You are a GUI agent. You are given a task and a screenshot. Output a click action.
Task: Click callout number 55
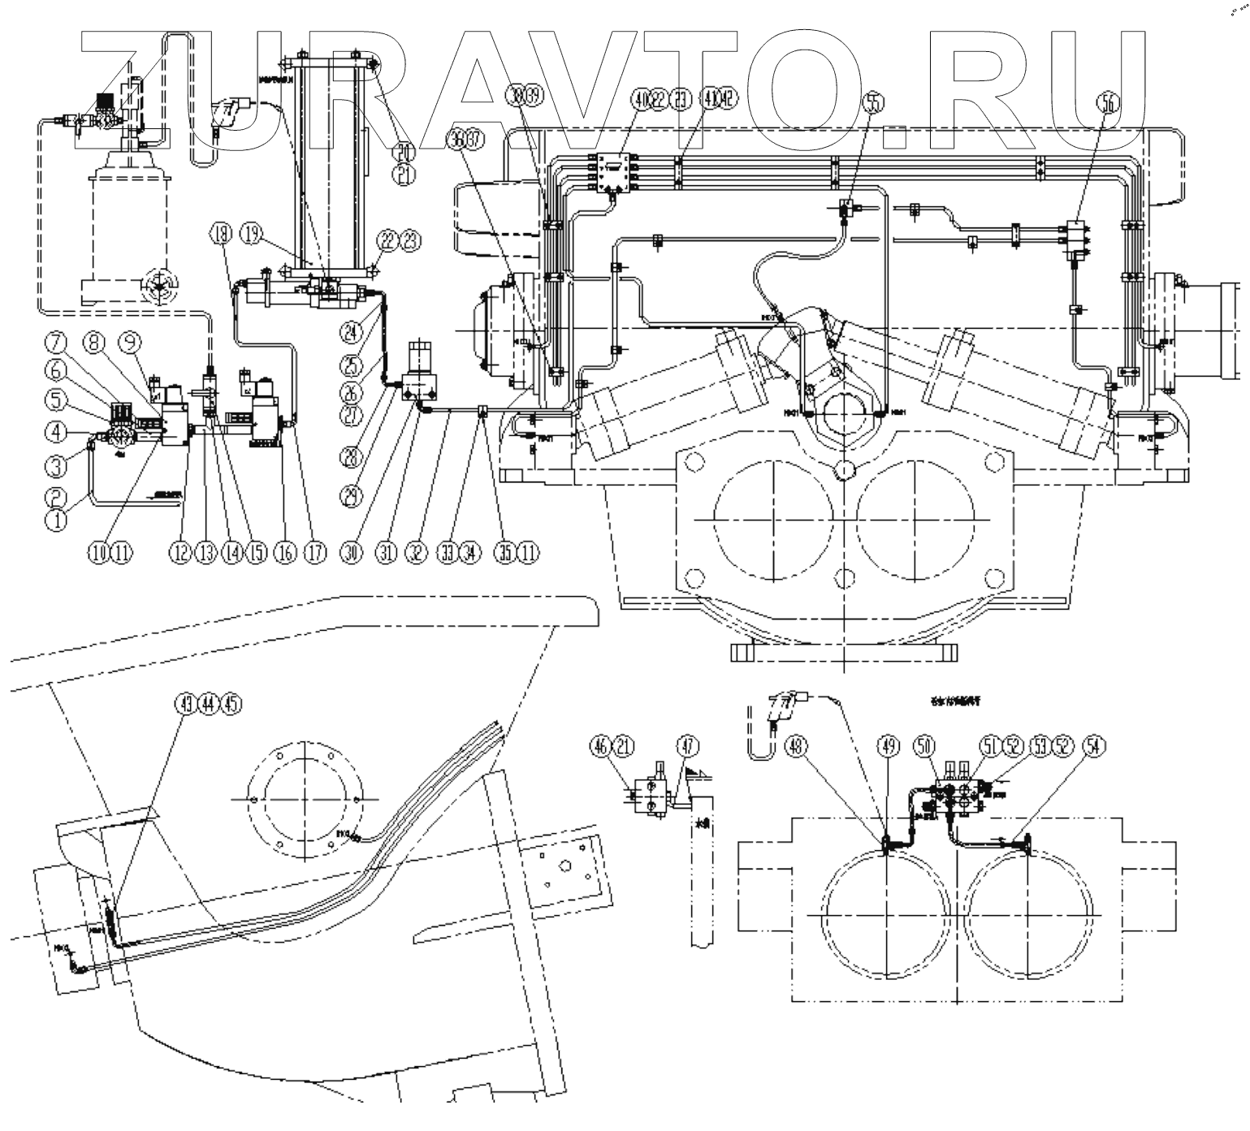874,103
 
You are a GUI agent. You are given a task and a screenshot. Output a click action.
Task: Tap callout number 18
219,234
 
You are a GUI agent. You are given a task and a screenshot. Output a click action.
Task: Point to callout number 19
253,234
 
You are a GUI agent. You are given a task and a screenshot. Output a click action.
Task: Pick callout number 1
56,520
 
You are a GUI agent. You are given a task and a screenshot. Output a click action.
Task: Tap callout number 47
689,745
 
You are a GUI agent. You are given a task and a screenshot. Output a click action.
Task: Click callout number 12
179,553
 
